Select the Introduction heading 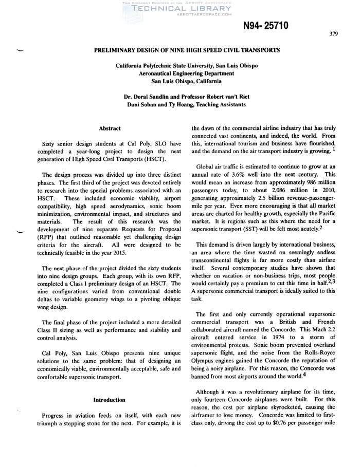click(109, 399)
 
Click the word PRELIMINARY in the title click(116, 51)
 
